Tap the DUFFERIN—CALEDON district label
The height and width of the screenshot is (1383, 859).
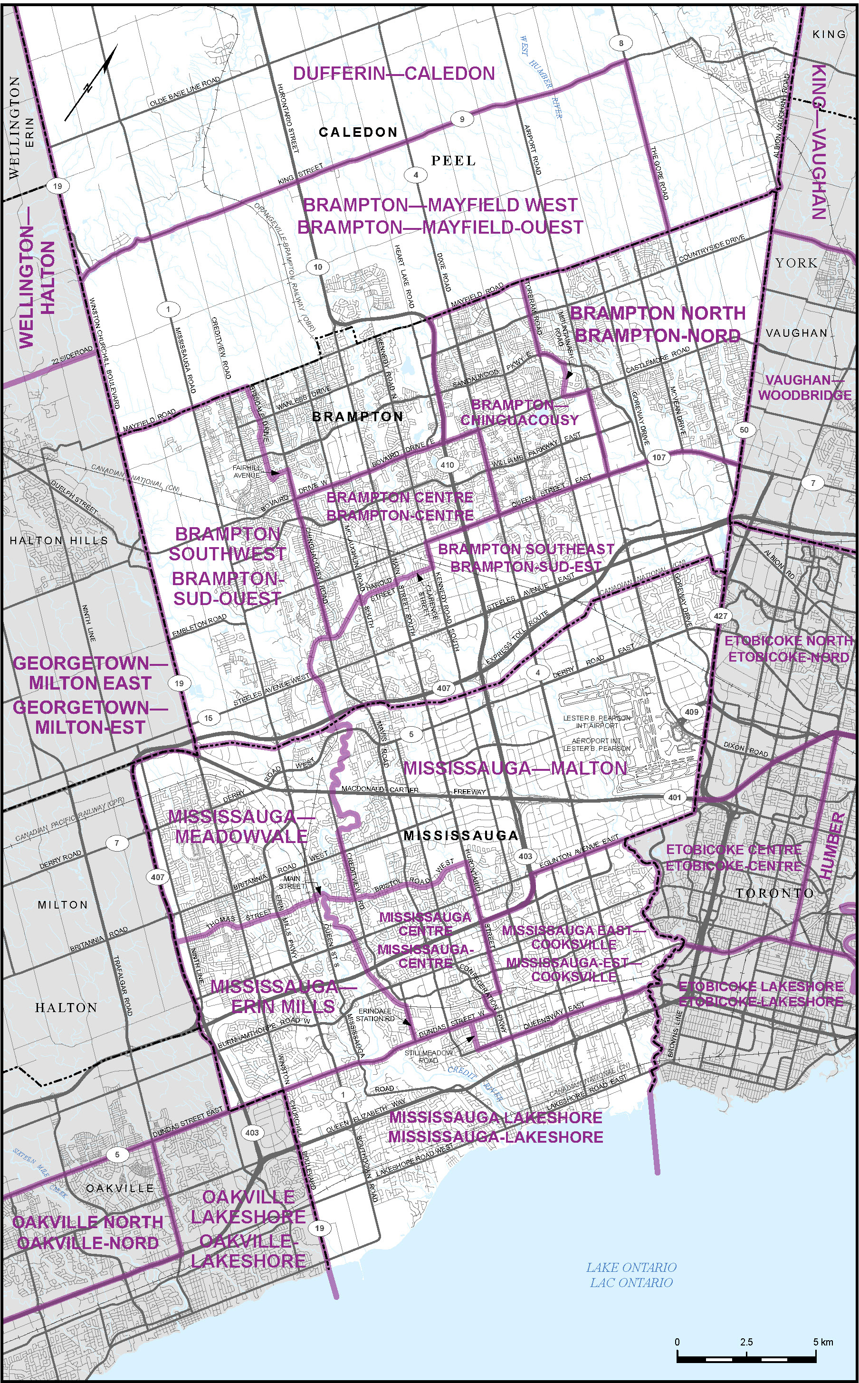[394, 73]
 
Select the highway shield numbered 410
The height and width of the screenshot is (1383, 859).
[447, 464]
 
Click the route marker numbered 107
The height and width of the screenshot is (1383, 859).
[659, 457]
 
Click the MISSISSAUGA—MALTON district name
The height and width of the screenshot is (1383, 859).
[515, 768]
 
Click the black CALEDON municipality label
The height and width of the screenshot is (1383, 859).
[358, 133]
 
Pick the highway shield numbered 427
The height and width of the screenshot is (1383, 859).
[720, 616]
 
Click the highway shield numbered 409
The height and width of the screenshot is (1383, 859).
[691, 712]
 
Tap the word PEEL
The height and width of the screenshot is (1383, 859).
[453, 161]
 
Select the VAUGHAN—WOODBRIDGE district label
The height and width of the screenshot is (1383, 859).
[804, 387]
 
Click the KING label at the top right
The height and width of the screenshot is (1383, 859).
[829, 34]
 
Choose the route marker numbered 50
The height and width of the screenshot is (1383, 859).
[744, 430]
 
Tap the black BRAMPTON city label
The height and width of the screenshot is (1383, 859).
[358, 417]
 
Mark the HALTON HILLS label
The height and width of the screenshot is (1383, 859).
[58, 540]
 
